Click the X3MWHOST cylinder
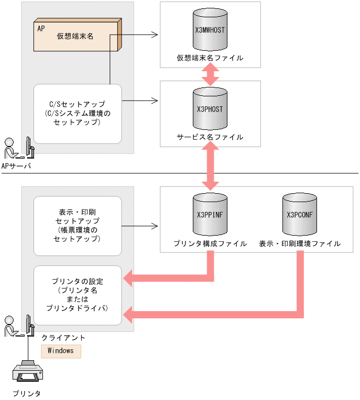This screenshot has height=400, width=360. [210, 30]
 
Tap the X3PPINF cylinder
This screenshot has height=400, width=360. [210, 215]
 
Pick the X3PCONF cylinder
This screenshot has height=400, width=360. [299, 215]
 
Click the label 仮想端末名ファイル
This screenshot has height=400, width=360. [210, 58]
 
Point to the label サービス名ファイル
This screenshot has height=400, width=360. [210, 137]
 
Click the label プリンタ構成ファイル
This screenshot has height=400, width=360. [210, 243]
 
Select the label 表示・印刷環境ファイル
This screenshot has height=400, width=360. [299, 243]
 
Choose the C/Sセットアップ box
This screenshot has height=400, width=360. [77, 114]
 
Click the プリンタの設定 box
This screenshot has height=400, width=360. [77, 295]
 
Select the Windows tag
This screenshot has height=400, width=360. [61, 351]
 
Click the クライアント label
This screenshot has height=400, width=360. [63, 338]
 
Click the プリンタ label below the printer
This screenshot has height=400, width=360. [26, 393]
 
